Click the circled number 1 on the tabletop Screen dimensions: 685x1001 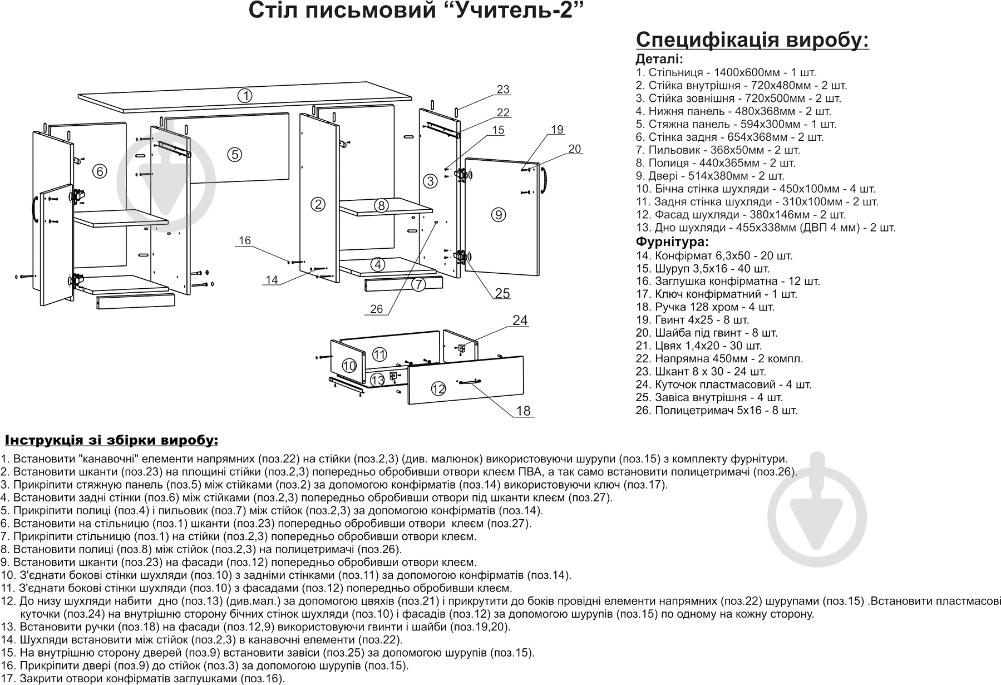(245, 95)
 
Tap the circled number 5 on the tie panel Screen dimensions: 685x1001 (235, 154)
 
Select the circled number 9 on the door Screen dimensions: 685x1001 (498, 214)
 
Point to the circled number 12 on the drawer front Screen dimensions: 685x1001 (439, 388)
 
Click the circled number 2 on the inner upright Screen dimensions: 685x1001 (318, 204)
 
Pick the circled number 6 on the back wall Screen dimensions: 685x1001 (99, 171)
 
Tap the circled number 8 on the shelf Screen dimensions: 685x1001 (381, 205)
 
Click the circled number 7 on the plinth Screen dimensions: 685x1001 (418, 284)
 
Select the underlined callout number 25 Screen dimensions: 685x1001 (502, 293)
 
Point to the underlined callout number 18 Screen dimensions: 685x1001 (523, 411)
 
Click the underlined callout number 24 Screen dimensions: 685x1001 (520, 320)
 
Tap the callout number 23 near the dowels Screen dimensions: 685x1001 (503, 89)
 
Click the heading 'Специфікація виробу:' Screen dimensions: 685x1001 (752, 40)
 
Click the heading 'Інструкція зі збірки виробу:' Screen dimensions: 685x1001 (111, 441)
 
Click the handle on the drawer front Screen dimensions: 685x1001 (469, 381)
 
